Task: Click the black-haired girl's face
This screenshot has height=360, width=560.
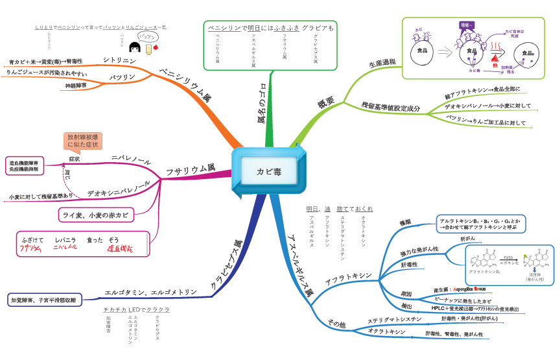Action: click(x=136, y=49)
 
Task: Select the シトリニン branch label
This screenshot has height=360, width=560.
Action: click(x=120, y=60)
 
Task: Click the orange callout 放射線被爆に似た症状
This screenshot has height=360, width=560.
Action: click(x=82, y=141)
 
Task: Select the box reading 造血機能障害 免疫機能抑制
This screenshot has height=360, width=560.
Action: click(x=23, y=165)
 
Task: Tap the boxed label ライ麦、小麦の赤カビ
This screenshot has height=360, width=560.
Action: click(x=95, y=214)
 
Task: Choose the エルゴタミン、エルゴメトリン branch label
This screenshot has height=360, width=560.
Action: click(x=151, y=292)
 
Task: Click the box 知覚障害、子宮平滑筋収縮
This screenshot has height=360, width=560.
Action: click(x=43, y=300)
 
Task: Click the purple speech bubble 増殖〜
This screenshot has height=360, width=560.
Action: click(x=467, y=25)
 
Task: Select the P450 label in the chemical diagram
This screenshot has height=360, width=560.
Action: click(x=508, y=258)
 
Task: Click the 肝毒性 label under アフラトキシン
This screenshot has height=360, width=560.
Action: click(x=409, y=265)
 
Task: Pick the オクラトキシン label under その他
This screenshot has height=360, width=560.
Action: click(x=387, y=332)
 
